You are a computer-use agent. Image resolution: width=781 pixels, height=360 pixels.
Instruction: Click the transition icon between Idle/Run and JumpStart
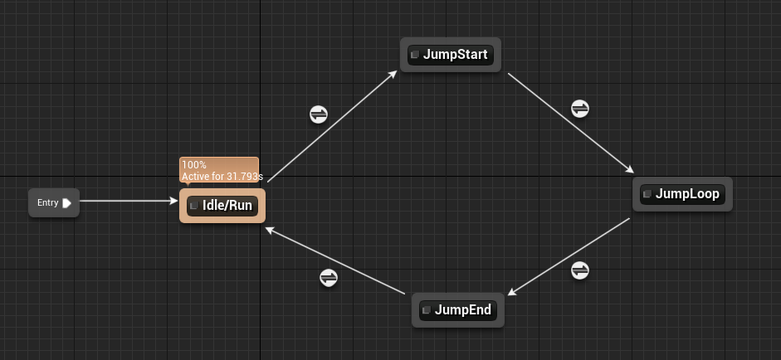(319, 114)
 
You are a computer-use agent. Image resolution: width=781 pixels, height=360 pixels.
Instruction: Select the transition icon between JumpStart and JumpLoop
(580, 109)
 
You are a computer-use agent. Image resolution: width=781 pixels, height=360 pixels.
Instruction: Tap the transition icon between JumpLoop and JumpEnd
(580, 270)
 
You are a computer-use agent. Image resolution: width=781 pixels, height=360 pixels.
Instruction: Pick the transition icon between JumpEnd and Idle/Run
(329, 277)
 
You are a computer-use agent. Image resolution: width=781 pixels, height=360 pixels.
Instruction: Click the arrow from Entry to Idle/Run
(129, 201)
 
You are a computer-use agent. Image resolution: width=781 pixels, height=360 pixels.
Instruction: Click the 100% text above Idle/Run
(194, 165)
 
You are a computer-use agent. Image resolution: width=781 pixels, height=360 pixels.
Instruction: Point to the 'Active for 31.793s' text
(222, 176)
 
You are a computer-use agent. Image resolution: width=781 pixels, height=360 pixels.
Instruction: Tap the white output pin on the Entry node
(66, 202)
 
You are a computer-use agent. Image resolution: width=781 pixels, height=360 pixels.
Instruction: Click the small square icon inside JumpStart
(415, 56)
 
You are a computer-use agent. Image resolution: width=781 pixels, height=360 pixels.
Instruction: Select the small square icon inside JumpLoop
(647, 194)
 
